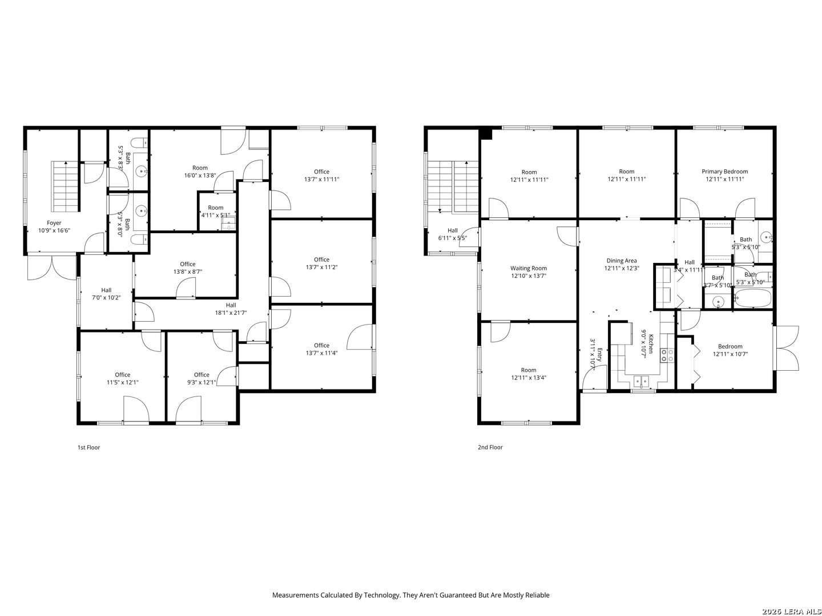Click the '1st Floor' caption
[x=88, y=448]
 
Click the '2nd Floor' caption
[x=490, y=448]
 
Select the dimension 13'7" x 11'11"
[x=321, y=179]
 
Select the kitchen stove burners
[x=666, y=355]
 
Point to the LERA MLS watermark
[x=791, y=611]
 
